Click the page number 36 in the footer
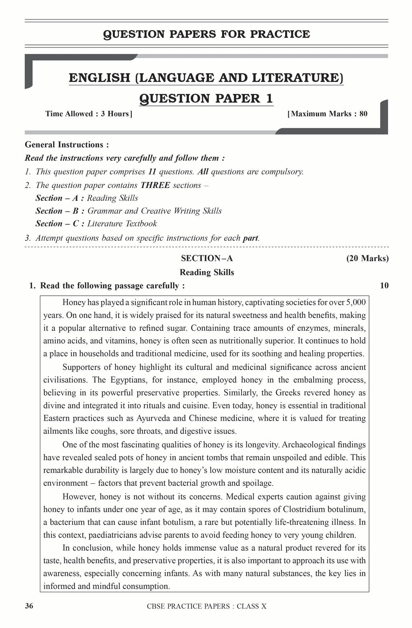coord(29,606)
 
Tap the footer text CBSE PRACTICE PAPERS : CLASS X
coord(206,606)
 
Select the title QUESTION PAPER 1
coord(206,99)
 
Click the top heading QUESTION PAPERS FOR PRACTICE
coord(206,34)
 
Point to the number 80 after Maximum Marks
coord(363,114)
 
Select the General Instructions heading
coord(67,145)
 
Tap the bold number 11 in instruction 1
coord(152,172)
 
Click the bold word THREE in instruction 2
coord(155,185)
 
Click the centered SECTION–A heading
coord(207,259)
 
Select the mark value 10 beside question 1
coord(384,286)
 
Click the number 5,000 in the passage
coord(356,302)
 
